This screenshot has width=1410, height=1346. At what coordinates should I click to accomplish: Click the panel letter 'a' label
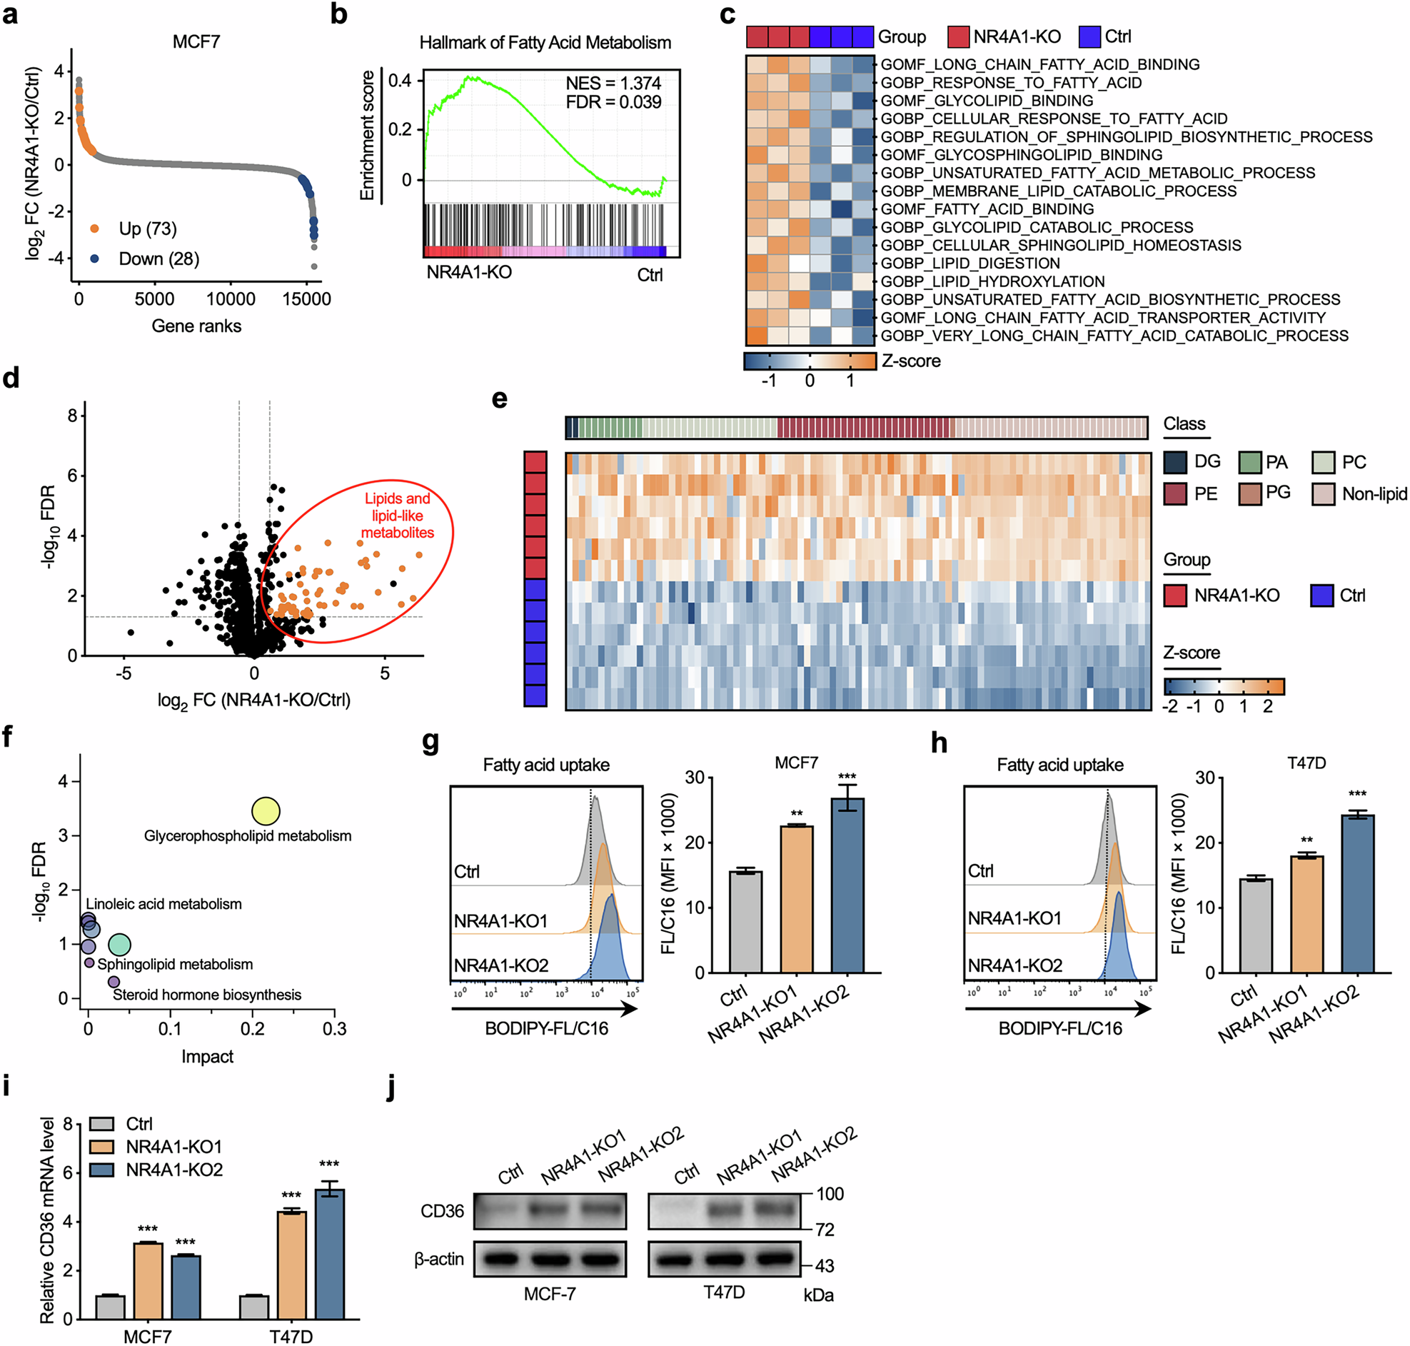click(x=10, y=14)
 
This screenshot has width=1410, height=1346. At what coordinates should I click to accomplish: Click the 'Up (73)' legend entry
click(x=147, y=229)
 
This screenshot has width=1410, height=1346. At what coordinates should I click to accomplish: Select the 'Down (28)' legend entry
click(x=158, y=259)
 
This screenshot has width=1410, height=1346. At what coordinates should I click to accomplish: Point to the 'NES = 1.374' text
click(x=613, y=84)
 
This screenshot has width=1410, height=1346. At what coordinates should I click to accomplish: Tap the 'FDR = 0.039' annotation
click(x=613, y=102)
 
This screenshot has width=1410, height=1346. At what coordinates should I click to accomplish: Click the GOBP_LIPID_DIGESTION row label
click(x=970, y=263)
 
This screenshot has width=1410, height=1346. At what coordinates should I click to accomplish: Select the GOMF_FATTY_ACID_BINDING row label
click(x=987, y=209)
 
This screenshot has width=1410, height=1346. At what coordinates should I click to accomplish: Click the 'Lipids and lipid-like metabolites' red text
click(x=398, y=515)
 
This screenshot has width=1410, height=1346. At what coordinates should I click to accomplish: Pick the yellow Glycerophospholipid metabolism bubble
click(x=266, y=811)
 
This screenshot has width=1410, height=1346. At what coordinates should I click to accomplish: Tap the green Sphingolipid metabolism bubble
click(x=120, y=945)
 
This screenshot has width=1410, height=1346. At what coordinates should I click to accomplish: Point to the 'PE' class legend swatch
click(x=1174, y=493)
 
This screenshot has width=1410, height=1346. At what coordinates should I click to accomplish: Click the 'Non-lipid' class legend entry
click(x=1374, y=493)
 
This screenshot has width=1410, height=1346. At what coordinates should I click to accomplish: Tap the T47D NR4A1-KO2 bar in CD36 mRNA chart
click(x=329, y=1254)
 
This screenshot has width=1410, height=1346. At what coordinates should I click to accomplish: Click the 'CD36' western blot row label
click(x=442, y=1211)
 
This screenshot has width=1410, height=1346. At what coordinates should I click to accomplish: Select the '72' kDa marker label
click(x=825, y=1230)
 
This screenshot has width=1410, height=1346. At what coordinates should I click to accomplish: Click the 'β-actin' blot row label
click(x=439, y=1259)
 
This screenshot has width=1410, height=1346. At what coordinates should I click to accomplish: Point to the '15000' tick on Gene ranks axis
click(x=306, y=299)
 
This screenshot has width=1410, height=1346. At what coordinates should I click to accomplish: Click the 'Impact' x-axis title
click(x=207, y=1056)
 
